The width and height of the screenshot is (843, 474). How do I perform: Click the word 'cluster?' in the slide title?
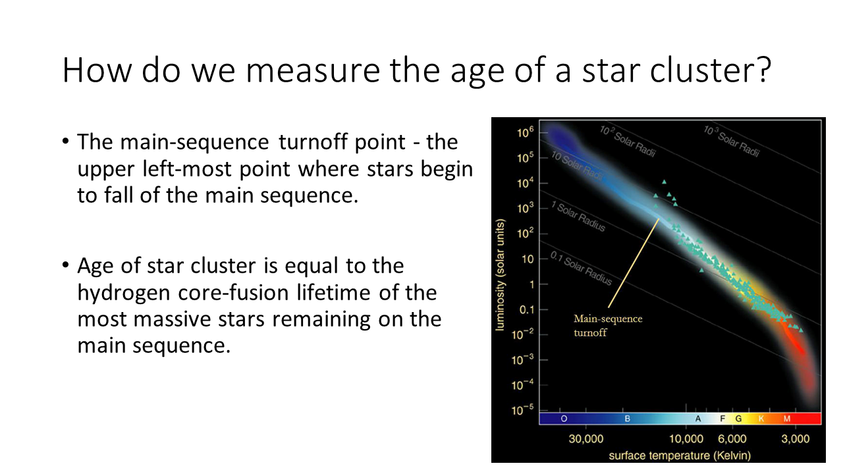point(711,70)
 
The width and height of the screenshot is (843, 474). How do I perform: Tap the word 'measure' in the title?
point(313,70)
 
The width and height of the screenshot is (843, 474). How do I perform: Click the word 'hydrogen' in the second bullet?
point(124,294)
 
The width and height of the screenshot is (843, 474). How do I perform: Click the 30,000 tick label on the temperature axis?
point(586,438)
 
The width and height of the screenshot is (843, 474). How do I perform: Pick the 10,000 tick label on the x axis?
point(686,438)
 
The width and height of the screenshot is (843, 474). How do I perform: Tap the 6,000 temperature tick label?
point(732,438)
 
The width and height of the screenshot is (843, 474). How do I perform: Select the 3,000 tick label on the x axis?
point(795,438)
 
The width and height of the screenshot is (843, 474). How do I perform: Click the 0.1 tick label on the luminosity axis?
point(526,310)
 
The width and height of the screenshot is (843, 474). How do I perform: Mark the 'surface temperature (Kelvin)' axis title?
point(680,456)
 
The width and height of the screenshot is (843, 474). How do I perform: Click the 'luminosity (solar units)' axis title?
point(500,275)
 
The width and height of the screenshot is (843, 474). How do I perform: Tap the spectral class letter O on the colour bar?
point(564,419)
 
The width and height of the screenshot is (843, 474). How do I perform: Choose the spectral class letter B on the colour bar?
point(628,419)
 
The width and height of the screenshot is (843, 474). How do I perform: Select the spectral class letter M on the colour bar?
point(787,419)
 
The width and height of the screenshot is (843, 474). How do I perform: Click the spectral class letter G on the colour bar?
point(738,419)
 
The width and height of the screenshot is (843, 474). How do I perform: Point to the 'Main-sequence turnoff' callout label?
point(608,326)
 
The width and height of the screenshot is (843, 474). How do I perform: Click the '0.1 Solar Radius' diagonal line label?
point(581,269)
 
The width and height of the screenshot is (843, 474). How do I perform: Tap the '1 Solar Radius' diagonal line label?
point(578,217)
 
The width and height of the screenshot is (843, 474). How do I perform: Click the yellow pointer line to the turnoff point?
point(634,263)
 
